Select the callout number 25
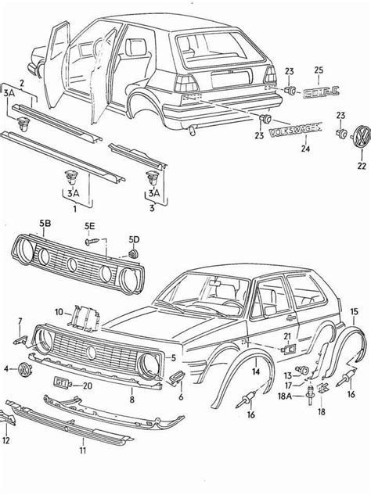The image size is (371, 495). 318,71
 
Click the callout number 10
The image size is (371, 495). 59,311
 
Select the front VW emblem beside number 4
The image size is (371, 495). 25,368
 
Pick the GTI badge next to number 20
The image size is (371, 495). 62,384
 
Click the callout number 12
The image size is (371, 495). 6,440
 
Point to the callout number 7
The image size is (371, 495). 20,321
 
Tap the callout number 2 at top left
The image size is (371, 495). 22,82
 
